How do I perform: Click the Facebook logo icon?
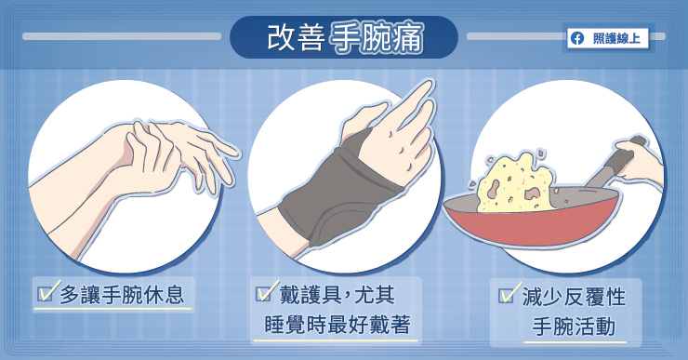point(577,39)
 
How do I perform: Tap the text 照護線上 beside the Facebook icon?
point(616,39)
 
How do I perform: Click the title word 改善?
point(296,37)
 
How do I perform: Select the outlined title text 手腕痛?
point(377,38)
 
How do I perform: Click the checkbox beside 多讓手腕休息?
point(46,293)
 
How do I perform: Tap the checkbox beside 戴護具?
point(265,292)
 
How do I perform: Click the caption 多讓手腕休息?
point(122,295)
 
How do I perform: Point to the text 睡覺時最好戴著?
point(337,325)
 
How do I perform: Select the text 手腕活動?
point(574,327)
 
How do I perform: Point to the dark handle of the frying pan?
point(615,164)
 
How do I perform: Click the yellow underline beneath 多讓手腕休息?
point(112,309)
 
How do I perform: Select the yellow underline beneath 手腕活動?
point(575,341)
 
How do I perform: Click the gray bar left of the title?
point(122,36)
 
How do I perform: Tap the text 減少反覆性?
point(574,297)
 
